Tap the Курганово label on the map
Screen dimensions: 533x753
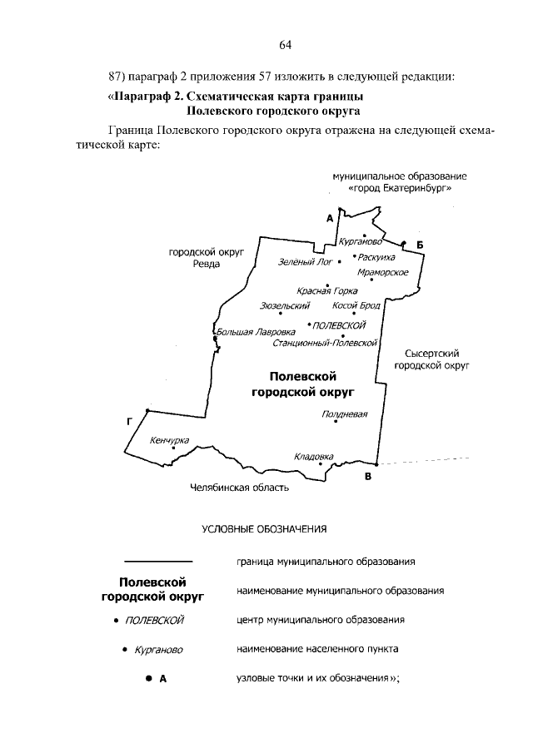tap(361, 241)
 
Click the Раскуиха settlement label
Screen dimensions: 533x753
tap(378, 257)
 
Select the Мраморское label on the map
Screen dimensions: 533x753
tap(381, 272)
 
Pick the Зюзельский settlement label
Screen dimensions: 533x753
tap(279, 306)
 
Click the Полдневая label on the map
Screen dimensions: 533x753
tap(344, 414)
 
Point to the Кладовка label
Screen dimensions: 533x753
tap(314, 456)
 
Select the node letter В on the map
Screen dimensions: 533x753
tap(366, 477)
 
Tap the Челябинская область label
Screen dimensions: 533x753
tap(239, 488)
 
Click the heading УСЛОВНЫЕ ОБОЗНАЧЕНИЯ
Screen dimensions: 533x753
tap(265, 528)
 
